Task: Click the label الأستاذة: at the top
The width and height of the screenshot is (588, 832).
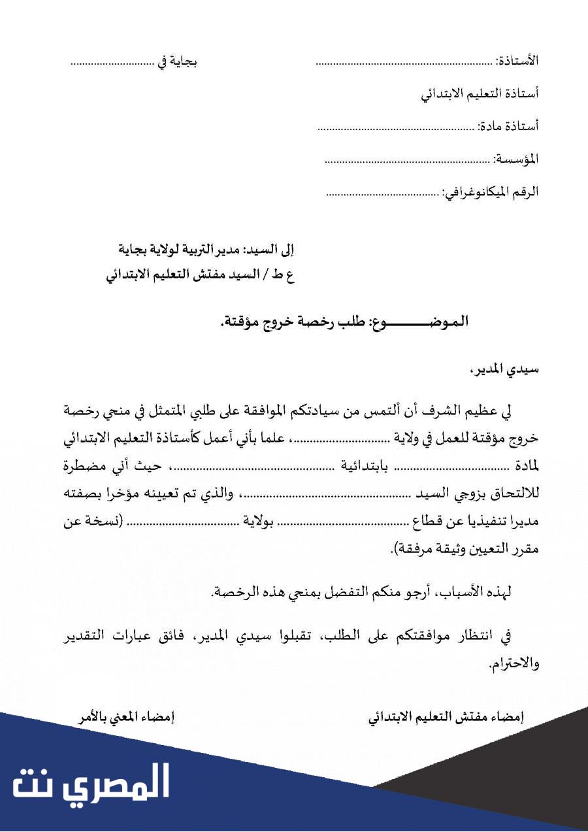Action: tap(517, 61)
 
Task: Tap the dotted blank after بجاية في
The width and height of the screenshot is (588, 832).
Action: tap(112, 64)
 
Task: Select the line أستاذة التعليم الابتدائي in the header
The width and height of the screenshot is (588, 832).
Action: tap(480, 93)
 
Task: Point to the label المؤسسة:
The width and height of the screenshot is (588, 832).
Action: tap(517, 159)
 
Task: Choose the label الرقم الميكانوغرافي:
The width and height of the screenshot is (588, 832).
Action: tap(491, 192)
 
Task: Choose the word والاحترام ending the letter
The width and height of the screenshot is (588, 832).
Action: tap(514, 664)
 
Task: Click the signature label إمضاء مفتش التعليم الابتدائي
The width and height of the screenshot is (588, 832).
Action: tap(447, 717)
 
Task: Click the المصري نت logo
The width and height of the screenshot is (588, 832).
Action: tap(91, 782)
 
